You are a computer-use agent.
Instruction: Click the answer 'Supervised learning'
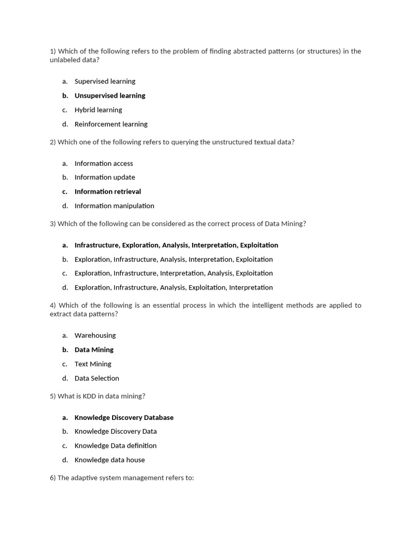coord(105,81)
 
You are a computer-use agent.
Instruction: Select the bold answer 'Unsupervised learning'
coord(109,95)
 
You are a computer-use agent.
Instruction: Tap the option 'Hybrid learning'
coord(98,110)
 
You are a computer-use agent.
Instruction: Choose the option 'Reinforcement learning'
coord(111,124)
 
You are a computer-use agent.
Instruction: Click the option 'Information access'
coord(104,164)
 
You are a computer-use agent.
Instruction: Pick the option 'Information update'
coord(105,177)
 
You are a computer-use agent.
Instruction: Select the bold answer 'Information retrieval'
coord(107,191)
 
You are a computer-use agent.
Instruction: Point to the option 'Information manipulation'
coord(114,206)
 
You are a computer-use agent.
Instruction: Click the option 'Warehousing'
coord(95,336)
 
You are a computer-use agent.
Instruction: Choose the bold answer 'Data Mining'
coord(94,350)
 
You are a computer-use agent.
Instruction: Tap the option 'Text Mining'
coord(93,364)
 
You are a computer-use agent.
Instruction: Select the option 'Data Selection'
coord(97,379)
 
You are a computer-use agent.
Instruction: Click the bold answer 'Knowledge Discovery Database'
coord(124,418)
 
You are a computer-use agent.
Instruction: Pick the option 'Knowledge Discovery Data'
coord(115,432)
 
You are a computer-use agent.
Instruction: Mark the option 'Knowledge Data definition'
coord(115,446)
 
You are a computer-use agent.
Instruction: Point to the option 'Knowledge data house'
coord(109,460)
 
